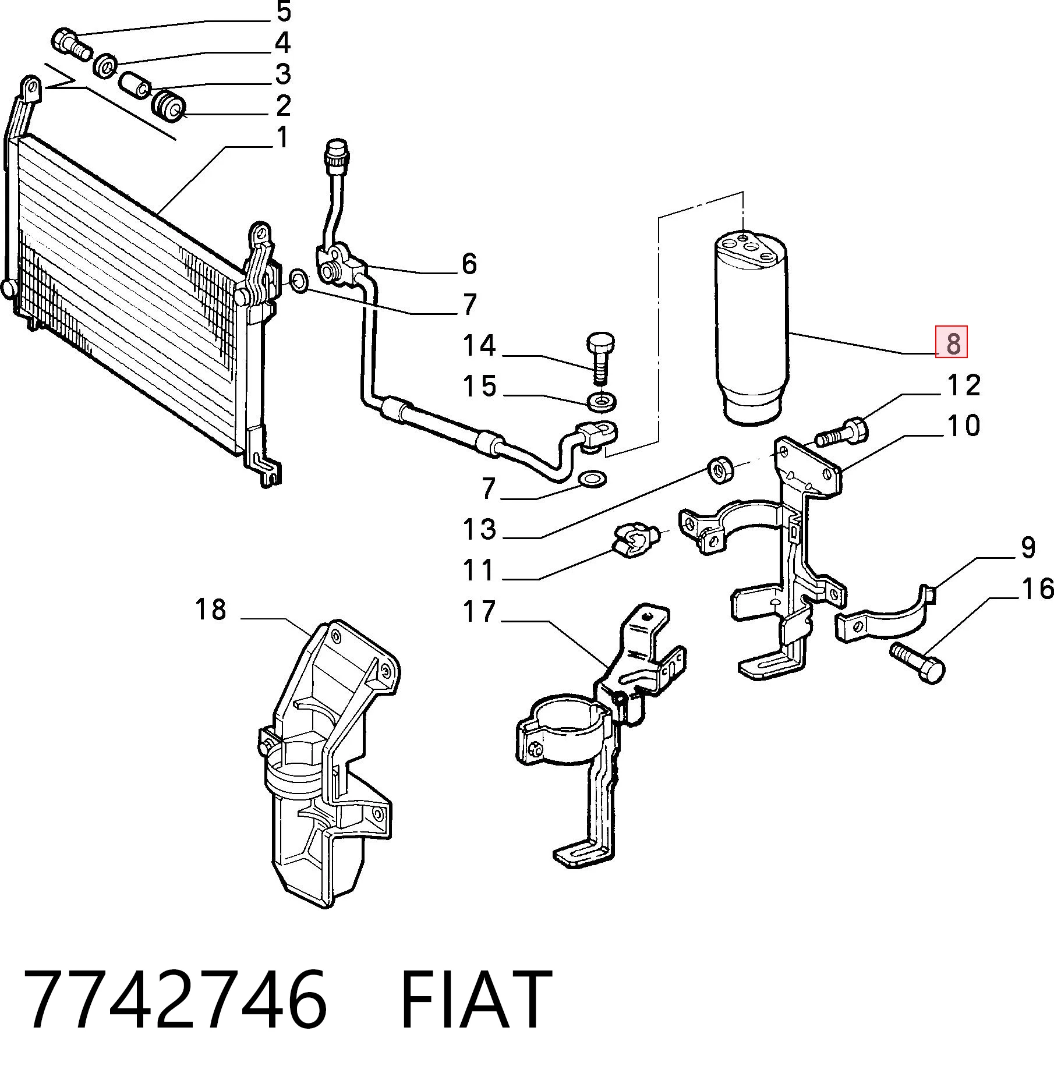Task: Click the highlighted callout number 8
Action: [x=952, y=342]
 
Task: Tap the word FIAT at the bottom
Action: [x=475, y=999]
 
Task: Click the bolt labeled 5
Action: [x=72, y=44]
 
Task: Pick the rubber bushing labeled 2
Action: [x=168, y=105]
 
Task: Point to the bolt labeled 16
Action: [x=917, y=661]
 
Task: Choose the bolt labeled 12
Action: [x=843, y=431]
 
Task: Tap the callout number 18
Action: [x=210, y=610]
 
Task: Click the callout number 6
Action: [x=469, y=264]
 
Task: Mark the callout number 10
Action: [x=964, y=426]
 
